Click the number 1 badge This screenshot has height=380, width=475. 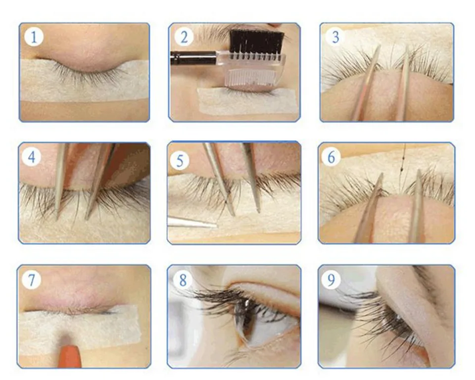[x=34, y=37]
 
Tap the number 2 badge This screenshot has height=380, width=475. [x=184, y=37]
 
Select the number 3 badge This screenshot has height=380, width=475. [x=335, y=37]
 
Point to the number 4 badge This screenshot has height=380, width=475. [x=32, y=157]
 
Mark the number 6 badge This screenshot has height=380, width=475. [x=331, y=157]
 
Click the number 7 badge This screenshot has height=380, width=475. [x=32, y=280]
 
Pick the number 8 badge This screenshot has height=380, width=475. [x=183, y=280]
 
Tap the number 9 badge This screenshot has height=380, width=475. [x=331, y=280]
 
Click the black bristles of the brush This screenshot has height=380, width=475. [x=257, y=41]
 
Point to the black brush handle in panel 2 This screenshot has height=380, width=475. [x=193, y=56]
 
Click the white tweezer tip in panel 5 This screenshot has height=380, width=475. [x=192, y=223]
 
